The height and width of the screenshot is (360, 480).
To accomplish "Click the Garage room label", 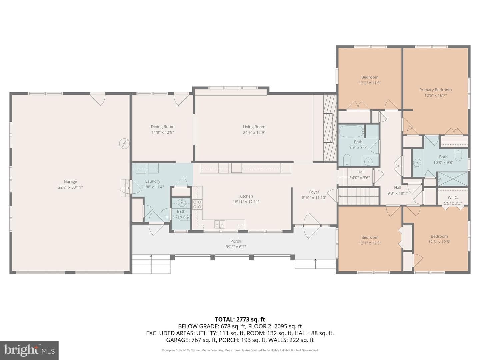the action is tap(70, 181).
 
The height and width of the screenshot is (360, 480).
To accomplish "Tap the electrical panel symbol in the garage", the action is tap(124, 144).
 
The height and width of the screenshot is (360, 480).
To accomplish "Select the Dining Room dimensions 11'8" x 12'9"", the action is tap(162, 132).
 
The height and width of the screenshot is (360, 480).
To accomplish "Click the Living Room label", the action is tap(254, 127).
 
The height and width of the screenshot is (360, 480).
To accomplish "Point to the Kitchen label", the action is tap(246, 196).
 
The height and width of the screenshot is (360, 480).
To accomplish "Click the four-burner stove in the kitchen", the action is tap(197, 204).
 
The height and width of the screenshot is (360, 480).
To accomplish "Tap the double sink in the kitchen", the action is tap(220, 224).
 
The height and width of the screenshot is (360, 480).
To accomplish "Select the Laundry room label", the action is tap(153, 181).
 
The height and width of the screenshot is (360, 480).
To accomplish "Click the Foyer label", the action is tap(314, 192).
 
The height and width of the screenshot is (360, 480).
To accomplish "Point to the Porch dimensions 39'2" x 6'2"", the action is tap(236, 247).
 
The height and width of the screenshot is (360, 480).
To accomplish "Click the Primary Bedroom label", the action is tap(435, 90).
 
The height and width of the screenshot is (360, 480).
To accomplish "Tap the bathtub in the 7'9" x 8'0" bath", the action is tap(352, 131).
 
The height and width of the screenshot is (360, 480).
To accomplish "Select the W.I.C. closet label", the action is tap(453, 197).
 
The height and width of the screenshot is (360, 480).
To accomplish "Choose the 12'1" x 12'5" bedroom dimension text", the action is tap(370, 243).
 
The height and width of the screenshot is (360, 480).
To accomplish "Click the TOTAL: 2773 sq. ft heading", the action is tap(240, 319).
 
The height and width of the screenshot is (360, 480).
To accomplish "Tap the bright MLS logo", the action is tap(29, 350).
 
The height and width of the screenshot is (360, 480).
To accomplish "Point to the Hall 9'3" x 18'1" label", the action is tap(397, 190).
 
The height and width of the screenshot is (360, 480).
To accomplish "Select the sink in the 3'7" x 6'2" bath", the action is tap(182, 203).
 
